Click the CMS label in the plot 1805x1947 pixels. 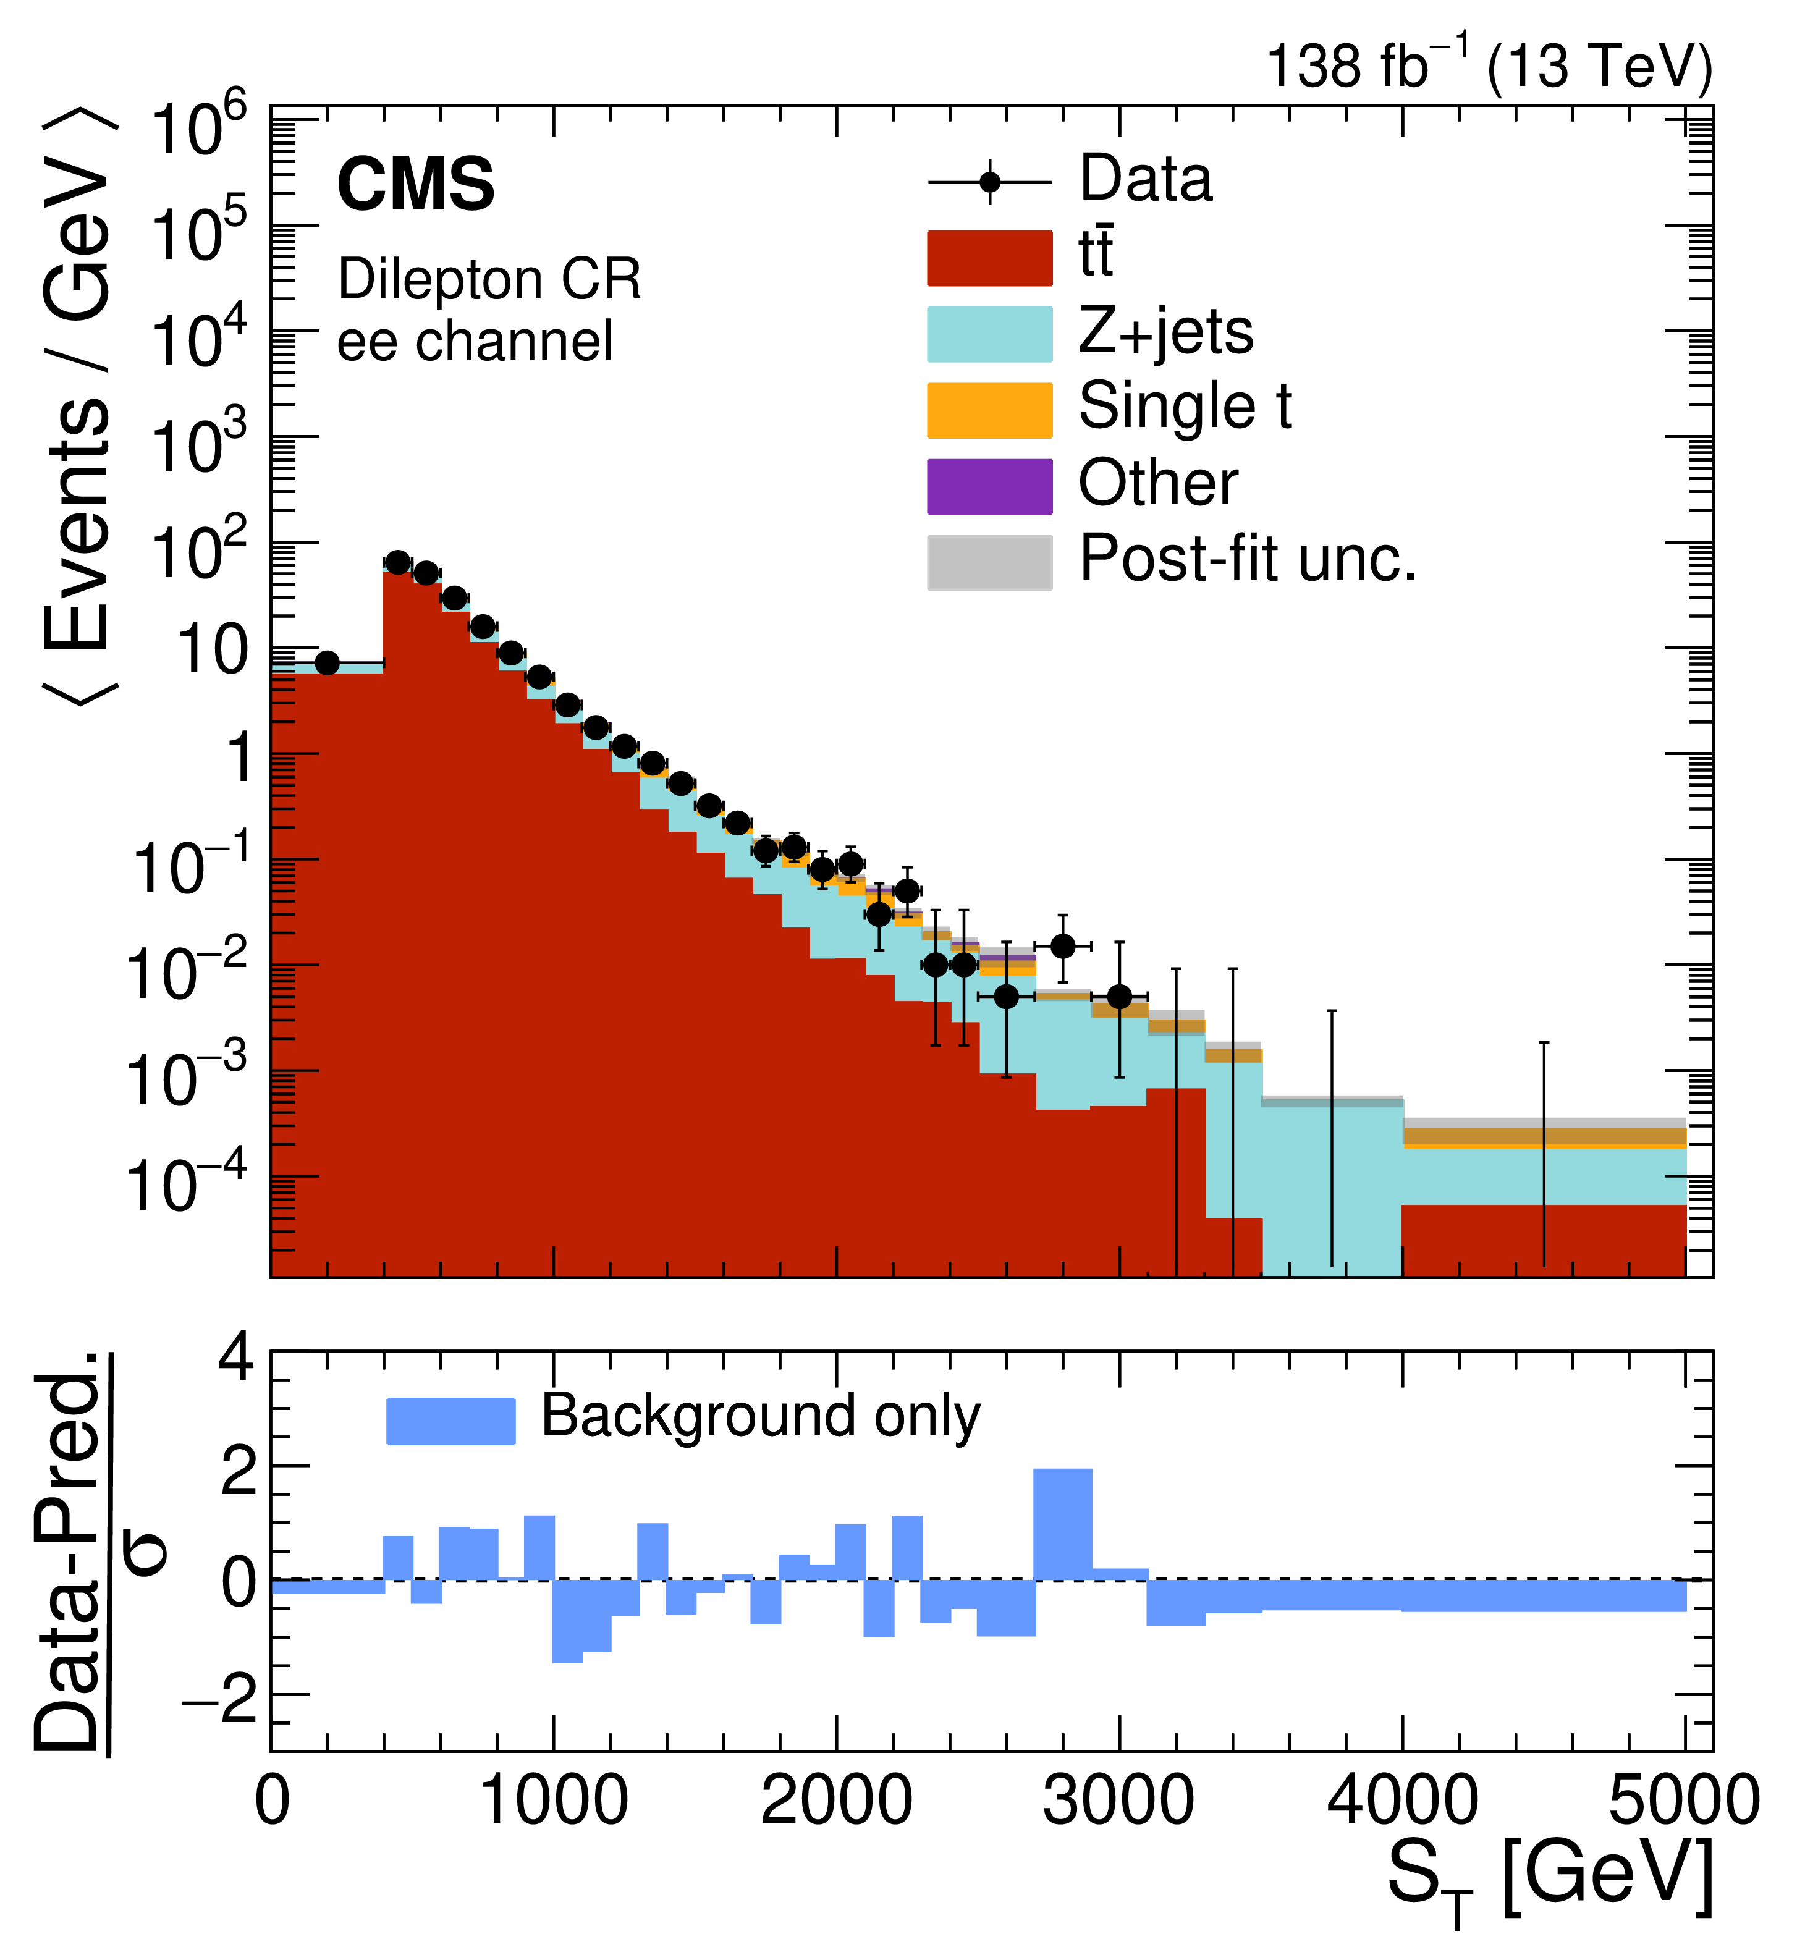click(x=415, y=185)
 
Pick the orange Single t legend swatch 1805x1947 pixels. click(x=989, y=411)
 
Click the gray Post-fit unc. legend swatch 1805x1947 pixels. click(x=989, y=562)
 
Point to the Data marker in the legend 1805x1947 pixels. click(x=989, y=183)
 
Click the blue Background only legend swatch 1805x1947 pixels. click(x=450, y=1421)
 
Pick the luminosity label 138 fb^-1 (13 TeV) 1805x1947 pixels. click(x=1489, y=66)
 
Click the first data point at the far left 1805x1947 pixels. click(x=328, y=663)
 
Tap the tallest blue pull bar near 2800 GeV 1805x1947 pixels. click(x=1063, y=1524)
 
